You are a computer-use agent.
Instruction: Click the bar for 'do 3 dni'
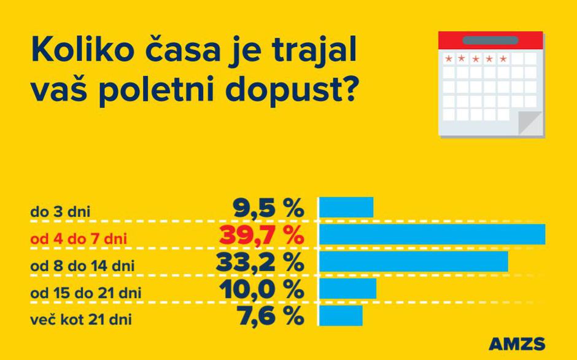(x=346, y=208)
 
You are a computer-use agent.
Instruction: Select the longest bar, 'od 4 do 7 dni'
(x=432, y=234)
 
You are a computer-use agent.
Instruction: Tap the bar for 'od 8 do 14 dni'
(x=414, y=261)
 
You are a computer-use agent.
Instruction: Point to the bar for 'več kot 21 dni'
(x=341, y=315)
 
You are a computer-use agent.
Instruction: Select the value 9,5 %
(x=268, y=208)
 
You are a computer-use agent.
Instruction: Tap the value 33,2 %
(x=260, y=262)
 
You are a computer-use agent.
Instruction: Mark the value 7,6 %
(x=268, y=316)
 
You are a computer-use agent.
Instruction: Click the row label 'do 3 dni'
(x=60, y=213)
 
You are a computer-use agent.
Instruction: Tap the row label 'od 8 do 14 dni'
(x=82, y=266)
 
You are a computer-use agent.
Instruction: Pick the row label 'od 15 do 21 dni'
(x=86, y=293)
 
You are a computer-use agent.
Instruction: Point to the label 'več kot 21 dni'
(x=81, y=320)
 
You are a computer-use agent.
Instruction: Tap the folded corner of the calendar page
(x=532, y=122)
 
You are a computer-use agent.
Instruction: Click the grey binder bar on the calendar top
(x=490, y=41)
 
